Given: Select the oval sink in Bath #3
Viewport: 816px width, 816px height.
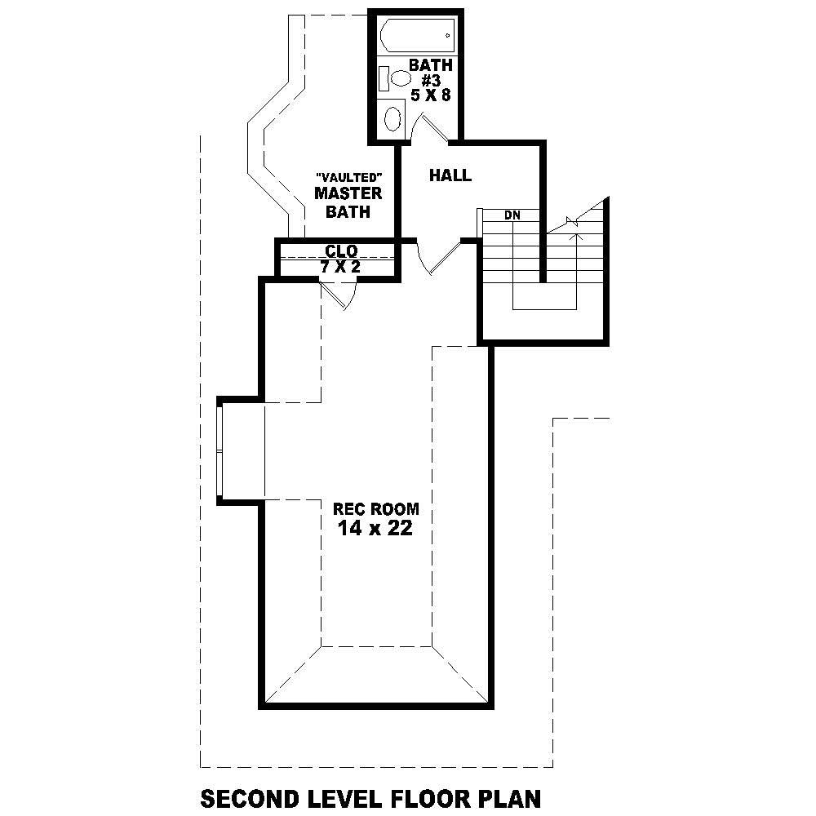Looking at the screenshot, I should [x=393, y=118].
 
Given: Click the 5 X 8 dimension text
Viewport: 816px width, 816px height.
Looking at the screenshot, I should [x=430, y=95].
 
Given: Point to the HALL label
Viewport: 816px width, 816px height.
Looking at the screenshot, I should [x=450, y=175].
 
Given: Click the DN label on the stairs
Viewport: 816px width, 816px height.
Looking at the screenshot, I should [x=512, y=215].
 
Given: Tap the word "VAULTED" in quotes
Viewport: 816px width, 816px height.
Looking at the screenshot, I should [x=348, y=177].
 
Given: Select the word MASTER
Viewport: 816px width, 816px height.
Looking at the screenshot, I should [x=348, y=194].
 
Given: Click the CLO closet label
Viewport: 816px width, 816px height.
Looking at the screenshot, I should [x=340, y=251].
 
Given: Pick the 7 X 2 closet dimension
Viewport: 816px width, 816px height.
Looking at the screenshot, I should [x=340, y=266].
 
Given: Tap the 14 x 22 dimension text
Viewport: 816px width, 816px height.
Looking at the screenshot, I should [x=375, y=529].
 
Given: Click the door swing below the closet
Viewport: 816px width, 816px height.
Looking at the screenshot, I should [x=338, y=296].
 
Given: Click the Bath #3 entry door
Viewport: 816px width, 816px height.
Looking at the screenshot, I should [x=431, y=129].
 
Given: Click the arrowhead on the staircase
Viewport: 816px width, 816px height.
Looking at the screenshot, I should [x=579, y=237].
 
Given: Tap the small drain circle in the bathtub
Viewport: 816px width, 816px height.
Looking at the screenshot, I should [x=447, y=36].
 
